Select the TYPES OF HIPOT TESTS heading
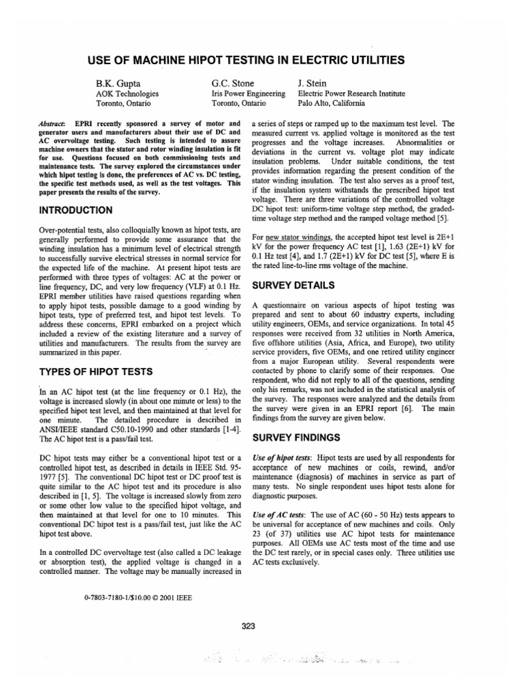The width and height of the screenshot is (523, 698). (x=95, y=371)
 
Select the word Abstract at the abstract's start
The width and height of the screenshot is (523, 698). (x=52, y=123)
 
